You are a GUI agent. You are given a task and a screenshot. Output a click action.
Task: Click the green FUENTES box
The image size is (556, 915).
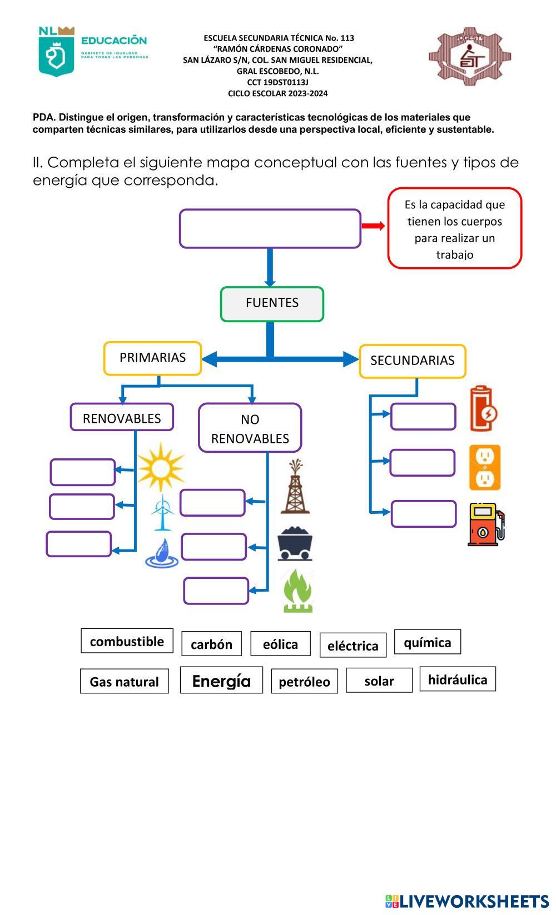272,304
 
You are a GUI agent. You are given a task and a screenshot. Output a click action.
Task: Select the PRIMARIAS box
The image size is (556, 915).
152,358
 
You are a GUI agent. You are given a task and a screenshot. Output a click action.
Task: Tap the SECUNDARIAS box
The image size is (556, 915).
412,361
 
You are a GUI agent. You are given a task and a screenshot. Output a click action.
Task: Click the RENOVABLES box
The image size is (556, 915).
122,417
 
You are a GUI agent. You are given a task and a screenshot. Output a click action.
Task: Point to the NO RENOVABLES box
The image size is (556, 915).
250,428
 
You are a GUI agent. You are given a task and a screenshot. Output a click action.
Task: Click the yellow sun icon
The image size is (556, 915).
161,466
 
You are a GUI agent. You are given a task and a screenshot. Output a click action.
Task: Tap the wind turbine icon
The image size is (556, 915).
162,512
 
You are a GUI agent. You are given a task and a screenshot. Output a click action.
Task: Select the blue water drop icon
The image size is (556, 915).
162,553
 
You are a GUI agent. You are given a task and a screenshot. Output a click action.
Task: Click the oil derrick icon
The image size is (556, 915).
295,487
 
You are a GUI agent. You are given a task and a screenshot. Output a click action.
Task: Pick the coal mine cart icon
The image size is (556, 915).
295,544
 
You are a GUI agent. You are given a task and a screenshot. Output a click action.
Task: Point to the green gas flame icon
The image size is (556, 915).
298,591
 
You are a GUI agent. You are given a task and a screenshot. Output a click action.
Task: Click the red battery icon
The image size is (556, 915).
483,409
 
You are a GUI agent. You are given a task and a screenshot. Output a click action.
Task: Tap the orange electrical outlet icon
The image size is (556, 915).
484,467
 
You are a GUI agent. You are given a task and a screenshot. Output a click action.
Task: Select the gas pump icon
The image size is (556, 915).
485,524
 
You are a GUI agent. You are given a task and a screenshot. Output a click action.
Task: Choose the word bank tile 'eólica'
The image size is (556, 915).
280,644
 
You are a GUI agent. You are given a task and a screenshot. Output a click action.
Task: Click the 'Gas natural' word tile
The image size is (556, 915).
124,681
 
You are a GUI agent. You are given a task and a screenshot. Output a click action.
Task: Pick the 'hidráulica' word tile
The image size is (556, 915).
457,679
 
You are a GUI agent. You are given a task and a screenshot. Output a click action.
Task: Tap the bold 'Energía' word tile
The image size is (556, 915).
221,681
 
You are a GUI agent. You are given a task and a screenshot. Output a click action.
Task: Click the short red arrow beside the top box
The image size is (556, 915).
373,226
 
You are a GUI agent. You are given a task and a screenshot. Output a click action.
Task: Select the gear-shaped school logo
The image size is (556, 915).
469,56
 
